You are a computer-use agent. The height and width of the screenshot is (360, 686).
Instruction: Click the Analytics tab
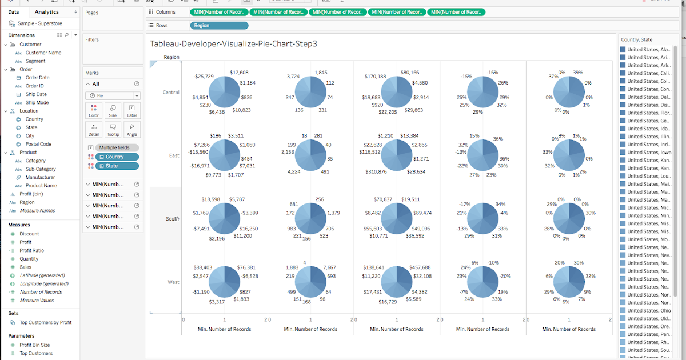tap(46, 12)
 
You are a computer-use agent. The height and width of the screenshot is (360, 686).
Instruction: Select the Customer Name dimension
tap(43, 53)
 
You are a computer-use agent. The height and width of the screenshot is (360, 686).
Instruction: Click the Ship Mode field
tap(37, 103)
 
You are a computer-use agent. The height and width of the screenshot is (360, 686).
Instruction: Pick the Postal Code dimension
tap(38, 145)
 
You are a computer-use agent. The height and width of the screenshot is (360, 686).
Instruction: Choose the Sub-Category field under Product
tap(41, 169)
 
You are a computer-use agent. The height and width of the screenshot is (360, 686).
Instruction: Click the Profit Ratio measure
tap(31, 250)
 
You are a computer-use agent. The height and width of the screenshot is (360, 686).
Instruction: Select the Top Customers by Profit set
tap(45, 322)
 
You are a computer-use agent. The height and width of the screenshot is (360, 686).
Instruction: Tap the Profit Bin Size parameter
tap(34, 345)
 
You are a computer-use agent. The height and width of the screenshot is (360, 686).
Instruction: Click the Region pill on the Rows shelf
tap(218, 26)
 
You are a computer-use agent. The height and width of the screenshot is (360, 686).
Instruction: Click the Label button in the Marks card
tap(131, 110)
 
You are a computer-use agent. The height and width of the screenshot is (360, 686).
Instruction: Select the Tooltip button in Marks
tap(113, 130)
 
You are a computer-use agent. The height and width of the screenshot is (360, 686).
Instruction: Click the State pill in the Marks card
tap(117, 166)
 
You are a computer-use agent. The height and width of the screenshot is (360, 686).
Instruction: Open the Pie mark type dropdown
tap(113, 96)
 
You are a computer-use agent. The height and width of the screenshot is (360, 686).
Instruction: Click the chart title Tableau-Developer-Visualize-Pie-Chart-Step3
tap(233, 43)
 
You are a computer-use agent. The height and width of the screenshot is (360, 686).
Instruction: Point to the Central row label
tap(171, 92)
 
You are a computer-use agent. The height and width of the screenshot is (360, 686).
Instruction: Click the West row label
tap(173, 282)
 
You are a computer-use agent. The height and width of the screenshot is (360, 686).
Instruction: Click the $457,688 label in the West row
tap(420, 267)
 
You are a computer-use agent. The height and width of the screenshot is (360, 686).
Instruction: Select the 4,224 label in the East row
tap(294, 172)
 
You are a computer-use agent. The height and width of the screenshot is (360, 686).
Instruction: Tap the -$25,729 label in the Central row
tap(204, 76)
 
